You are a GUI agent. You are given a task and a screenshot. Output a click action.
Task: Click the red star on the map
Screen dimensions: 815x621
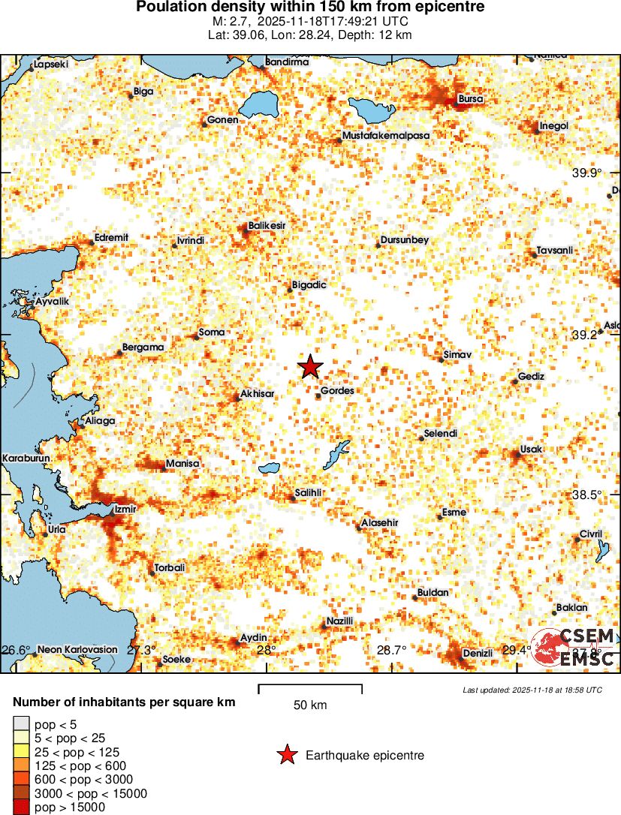(310, 367)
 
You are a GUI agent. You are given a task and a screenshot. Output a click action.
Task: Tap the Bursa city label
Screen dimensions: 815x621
(471, 98)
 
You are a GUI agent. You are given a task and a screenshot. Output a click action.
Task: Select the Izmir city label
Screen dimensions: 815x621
(125, 510)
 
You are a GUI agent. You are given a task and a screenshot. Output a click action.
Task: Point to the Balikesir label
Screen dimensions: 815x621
(267, 225)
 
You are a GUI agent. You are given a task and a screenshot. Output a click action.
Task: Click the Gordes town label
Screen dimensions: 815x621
(337, 391)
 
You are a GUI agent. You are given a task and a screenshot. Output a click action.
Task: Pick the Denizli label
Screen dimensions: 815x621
(478, 653)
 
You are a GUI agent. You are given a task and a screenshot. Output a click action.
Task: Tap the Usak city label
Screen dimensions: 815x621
(531, 450)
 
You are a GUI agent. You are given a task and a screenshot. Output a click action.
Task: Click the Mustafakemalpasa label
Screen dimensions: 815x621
(385, 136)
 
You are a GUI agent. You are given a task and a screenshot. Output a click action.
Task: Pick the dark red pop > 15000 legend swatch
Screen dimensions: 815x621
(22, 807)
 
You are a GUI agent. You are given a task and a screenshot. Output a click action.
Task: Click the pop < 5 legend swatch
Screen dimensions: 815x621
(22, 724)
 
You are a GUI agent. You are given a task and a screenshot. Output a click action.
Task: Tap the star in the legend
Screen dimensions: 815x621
(286, 756)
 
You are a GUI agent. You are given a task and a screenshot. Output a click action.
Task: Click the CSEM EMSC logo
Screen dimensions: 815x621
(574, 647)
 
